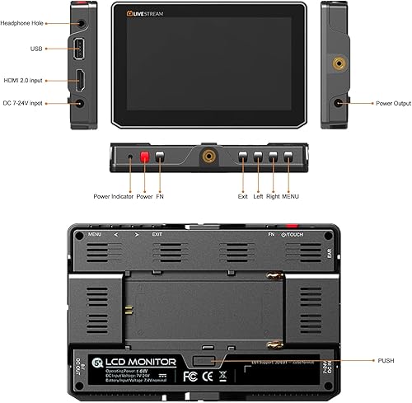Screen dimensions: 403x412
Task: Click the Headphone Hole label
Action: [x=28, y=22]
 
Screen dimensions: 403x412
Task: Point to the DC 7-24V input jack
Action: [x=80, y=103]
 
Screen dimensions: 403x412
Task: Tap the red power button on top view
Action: [x=143, y=155]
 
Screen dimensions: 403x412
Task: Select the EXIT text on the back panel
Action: [x=157, y=235]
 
